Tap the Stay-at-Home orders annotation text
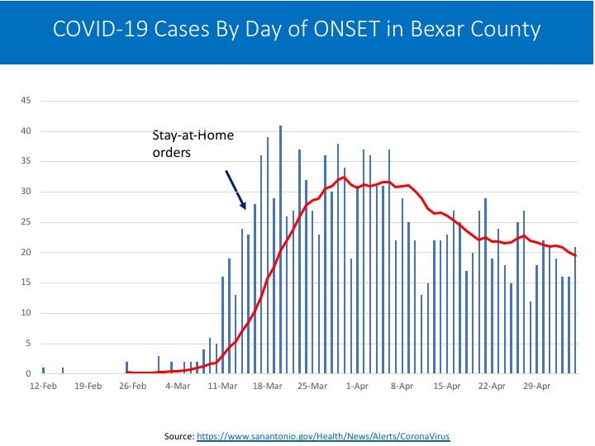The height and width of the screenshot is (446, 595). pyautogui.click(x=193, y=144)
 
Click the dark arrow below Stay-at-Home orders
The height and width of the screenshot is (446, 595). pyautogui.click(x=236, y=189)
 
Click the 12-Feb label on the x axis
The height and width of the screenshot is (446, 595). pyautogui.click(x=42, y=386)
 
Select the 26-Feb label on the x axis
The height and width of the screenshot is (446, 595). pyautogui.click(x=132, y=386)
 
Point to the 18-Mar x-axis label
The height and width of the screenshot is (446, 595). pyautogui.click(x=268, y=386)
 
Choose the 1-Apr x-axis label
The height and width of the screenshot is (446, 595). pyautogui.click(x=358, y=386)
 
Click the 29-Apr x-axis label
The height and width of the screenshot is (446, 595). pyautogui.click(x=537, y=386)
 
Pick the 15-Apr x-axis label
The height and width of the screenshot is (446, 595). pyautogui.click(x=447, y=386)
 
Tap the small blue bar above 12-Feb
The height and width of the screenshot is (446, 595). pyautogui.click(x=43, y=370)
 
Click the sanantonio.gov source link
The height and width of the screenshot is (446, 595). pyautogui.click(x=323, y=434)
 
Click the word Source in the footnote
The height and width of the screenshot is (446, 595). pyautogui.click(x=178, y=434)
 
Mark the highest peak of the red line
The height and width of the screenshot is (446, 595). pyautogui.click(x=342, y=177)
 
